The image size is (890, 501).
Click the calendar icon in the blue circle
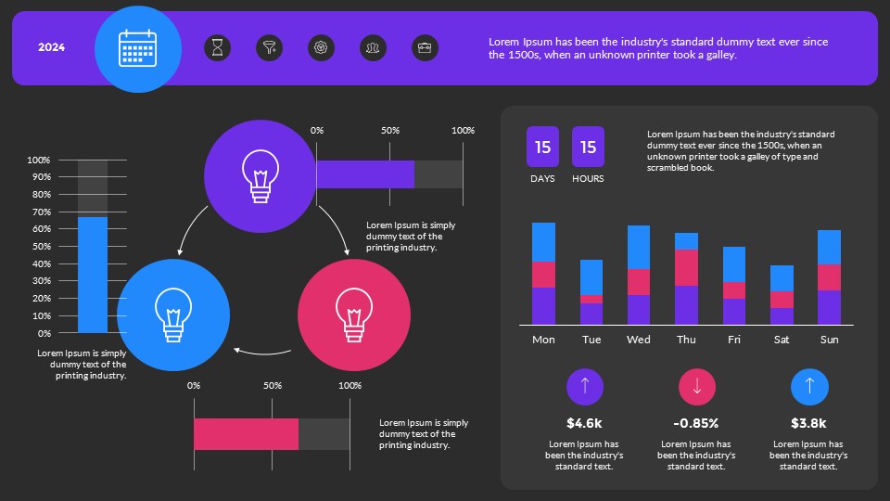tap(138, 48)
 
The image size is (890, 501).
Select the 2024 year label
tap(51, 48)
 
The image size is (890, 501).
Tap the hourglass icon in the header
tap(217, 48)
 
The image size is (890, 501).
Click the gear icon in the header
tap(321, 48)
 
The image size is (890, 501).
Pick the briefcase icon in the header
tap(425, 48)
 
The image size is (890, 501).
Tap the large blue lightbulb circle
tap(173, 315)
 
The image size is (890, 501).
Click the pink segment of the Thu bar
tap(686, 267)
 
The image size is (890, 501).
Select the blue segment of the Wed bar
tap(639, 247)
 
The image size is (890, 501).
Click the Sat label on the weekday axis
tap(782, 340)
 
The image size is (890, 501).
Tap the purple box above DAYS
tap(542, 147)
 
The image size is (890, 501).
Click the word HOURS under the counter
tap(588, 178)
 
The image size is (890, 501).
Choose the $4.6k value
tap(584, 423)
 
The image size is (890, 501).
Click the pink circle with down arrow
tap(697, 387)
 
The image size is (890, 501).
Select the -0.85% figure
tap(696, 423)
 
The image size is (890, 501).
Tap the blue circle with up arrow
tap(809, 387)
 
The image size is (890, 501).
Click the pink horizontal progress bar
tap(246, 434)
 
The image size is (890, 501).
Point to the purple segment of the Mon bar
tap(543, 305)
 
